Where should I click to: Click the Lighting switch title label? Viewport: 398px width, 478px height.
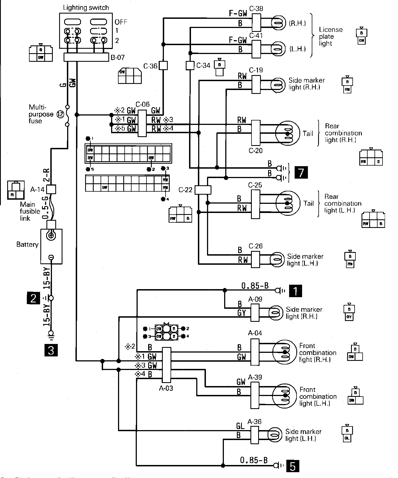pos(86,8)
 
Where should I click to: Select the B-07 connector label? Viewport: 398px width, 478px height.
pos(117,58)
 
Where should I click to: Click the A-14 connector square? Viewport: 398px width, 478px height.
pos(51,189)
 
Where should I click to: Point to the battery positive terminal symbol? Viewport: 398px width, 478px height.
pos(51,236)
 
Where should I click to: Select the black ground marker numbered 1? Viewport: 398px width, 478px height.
pos(295,291)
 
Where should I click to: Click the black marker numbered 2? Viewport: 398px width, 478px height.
pos(33,298)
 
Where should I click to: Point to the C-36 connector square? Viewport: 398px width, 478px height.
pos(164,66)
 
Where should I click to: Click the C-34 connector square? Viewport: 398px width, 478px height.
pos(190,65)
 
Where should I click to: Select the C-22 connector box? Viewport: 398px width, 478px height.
pos(203,190)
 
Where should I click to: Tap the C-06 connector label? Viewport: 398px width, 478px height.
pos(142,104)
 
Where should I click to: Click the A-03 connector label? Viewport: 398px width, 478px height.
pos(166,388)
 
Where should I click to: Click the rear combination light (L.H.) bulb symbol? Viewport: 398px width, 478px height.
pos(288,203)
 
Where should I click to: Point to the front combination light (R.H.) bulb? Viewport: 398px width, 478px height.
pos(284,352)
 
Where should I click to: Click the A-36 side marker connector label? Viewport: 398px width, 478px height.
pos(254,422)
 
